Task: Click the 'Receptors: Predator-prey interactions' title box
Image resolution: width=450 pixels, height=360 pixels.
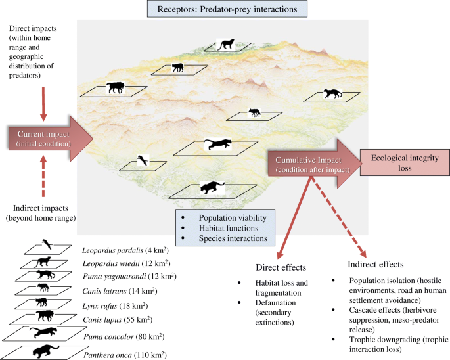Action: pos(224,9)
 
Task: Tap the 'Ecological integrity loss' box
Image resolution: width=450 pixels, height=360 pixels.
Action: pos(399,162)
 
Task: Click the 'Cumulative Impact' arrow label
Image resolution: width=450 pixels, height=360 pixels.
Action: pos(311,162)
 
